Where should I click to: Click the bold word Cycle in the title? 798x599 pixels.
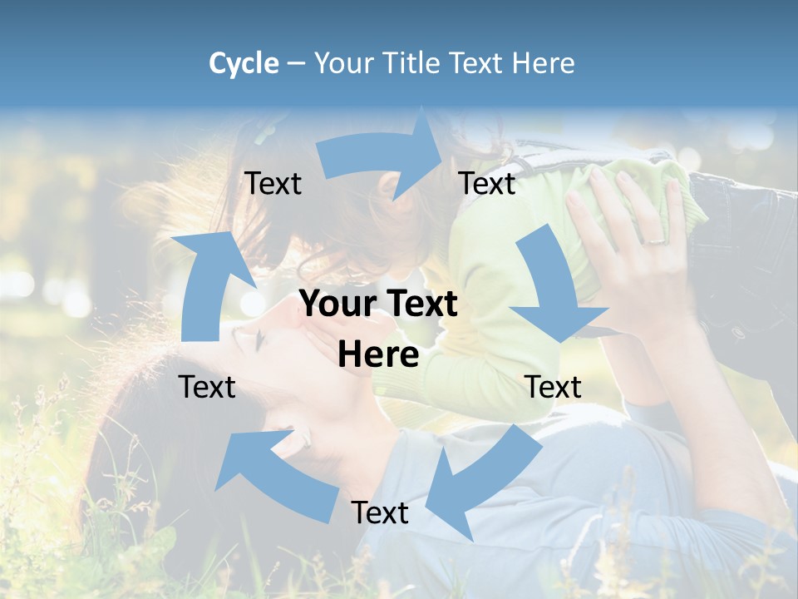pos(244,63)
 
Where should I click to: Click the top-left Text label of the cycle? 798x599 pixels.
pos(273,183)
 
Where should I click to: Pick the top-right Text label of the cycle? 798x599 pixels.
pos(487,183)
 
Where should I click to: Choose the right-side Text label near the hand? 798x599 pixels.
pos(553,387)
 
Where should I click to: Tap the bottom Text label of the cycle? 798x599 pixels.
pos(380,512)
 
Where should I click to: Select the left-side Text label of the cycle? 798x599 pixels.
pos(207,387)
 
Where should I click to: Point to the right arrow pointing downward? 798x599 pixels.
pos(553,291)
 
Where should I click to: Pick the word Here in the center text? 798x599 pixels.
pos(378,355)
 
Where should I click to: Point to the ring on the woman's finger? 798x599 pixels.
pos(656,240)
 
